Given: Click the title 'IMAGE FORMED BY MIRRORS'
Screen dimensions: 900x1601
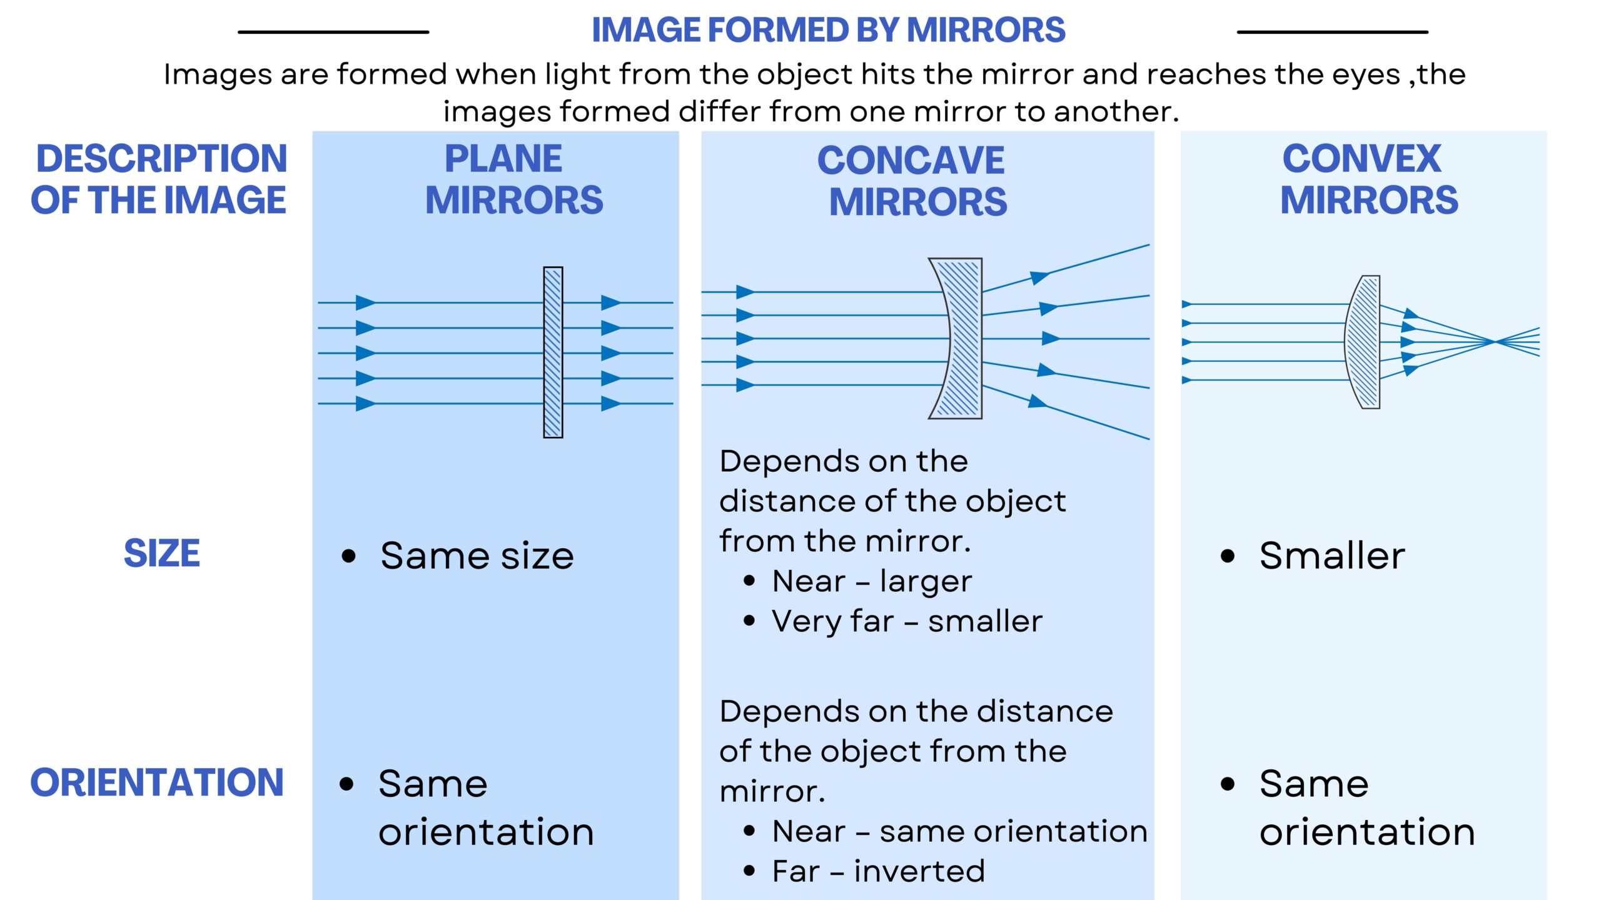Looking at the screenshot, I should [x=828, y=30].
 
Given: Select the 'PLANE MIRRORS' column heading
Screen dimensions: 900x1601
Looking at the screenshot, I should [x=513, y=179].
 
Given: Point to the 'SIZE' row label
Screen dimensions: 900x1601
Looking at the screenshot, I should [x=162, y=554].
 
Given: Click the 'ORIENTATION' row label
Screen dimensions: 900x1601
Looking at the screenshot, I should [x=157, y=782].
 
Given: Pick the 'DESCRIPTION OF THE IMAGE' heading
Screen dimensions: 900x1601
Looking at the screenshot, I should [x=159, y=179].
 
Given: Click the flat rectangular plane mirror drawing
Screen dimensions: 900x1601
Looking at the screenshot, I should [x=553, y=352].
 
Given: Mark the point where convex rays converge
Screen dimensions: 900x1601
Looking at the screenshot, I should [x=1495, y=341].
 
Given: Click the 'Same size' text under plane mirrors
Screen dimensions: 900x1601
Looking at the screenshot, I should [x=477, y=556].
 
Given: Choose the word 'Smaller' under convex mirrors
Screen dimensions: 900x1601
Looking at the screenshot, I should [x=1332, y=556].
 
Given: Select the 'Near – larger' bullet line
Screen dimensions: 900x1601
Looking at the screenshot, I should [x=872, y=581].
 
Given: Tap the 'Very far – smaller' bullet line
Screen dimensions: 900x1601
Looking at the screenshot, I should [x=907, y=621].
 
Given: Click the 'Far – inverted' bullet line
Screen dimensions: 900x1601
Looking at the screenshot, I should [x=878, y=871].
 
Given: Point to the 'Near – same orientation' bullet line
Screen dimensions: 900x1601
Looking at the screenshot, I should [x=959, y=831].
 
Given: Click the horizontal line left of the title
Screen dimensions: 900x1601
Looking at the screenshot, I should [x=333, y=32].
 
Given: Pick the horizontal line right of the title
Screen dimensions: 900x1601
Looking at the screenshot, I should [x=1332, y=32].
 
